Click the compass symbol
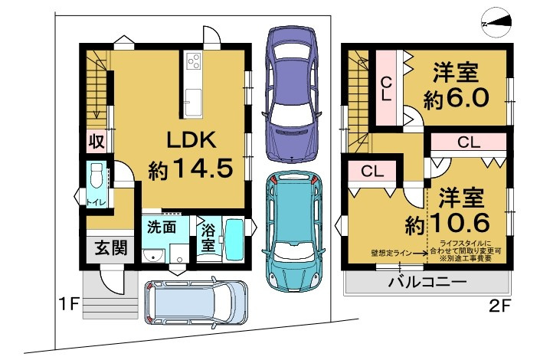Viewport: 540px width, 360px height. pos(496,25)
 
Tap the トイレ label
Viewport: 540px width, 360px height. pos(96,201)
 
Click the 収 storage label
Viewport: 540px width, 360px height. pos(95,142)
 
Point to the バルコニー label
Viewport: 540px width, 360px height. pos(425,283)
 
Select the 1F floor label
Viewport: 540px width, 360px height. pos(69,304)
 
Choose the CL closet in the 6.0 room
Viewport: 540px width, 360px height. pos(387,89)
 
